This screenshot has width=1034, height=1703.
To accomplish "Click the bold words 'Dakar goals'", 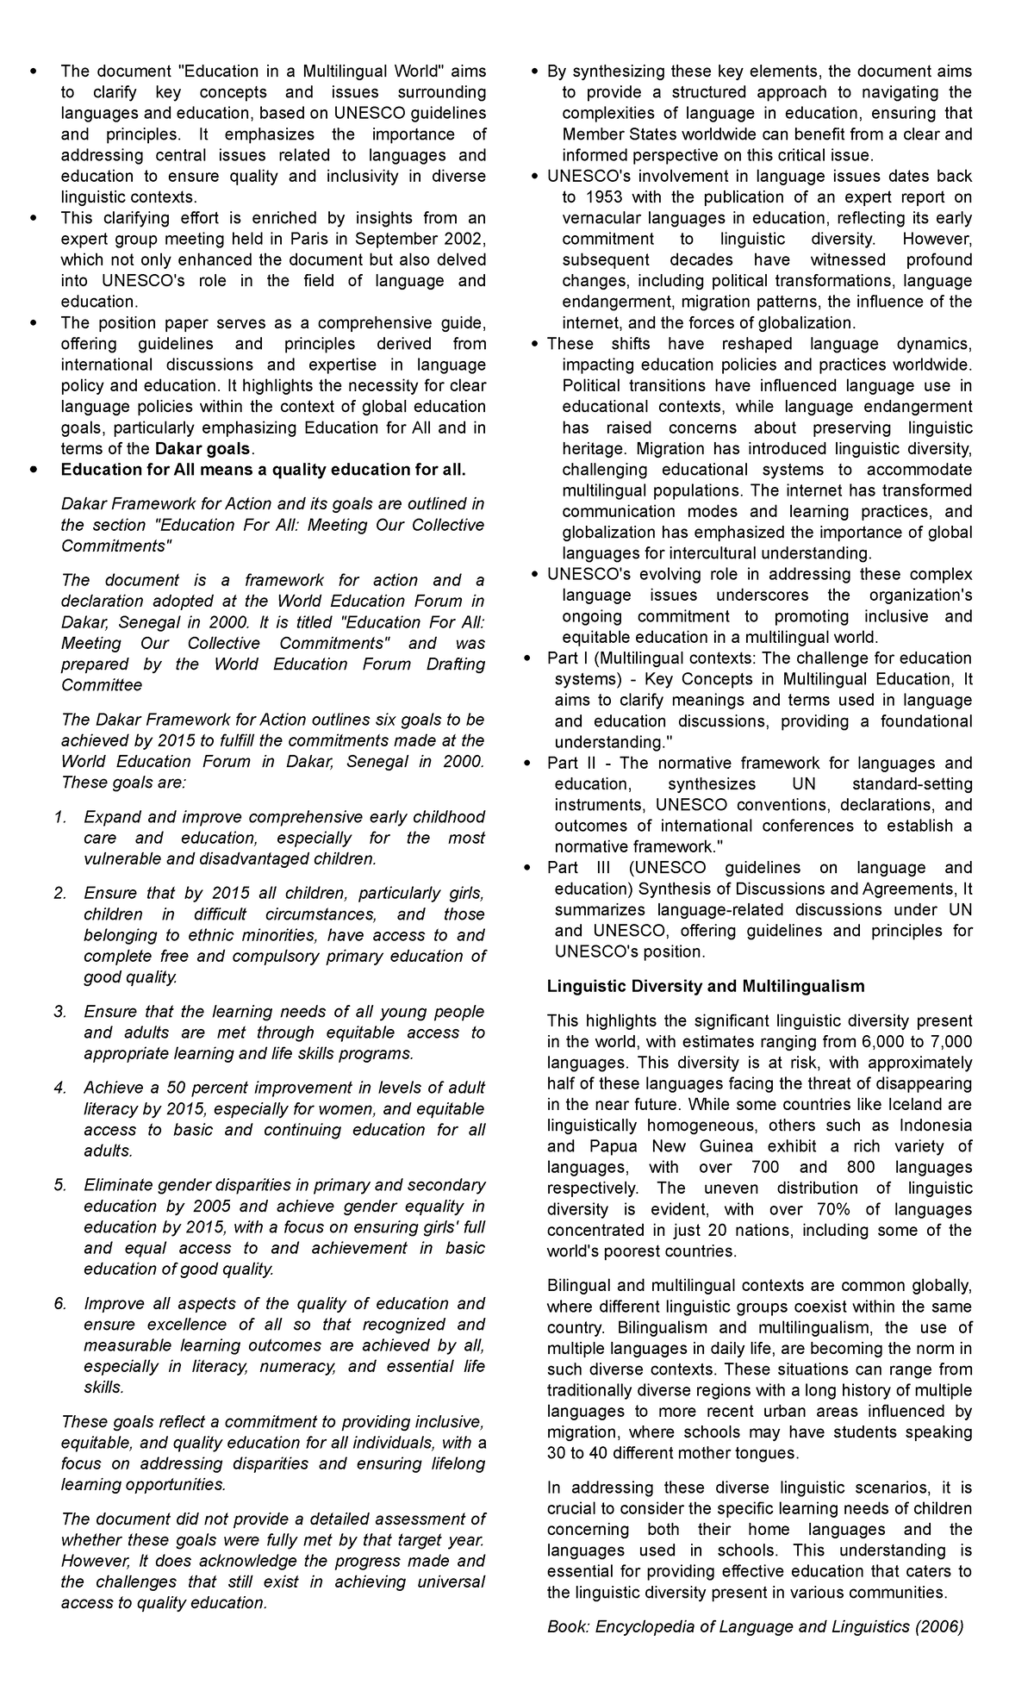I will click(202, 448).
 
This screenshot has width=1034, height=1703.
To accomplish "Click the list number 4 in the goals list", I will click(60, 1088).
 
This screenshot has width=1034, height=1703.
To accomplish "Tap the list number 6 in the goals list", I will click(60, 1303).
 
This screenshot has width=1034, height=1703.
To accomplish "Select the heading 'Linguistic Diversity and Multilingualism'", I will click(706, 986).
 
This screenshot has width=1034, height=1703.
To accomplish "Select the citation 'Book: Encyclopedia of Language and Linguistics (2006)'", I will click(755, 1626).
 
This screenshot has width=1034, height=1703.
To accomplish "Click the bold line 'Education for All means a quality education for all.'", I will click(263, 470).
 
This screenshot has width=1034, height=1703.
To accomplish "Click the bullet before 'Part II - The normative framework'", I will click(528, 764).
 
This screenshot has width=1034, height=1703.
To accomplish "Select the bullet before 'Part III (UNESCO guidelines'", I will click(528, 868).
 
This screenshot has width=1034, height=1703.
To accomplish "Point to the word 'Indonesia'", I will click(935, 1126).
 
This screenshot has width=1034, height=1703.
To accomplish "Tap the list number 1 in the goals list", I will click(60, 817).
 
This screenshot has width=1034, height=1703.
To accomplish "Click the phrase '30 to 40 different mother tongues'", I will click(673, 1453).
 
